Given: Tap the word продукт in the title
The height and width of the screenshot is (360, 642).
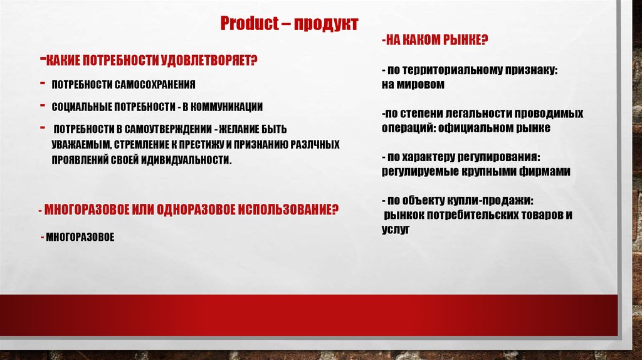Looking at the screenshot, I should click(326, 24).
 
